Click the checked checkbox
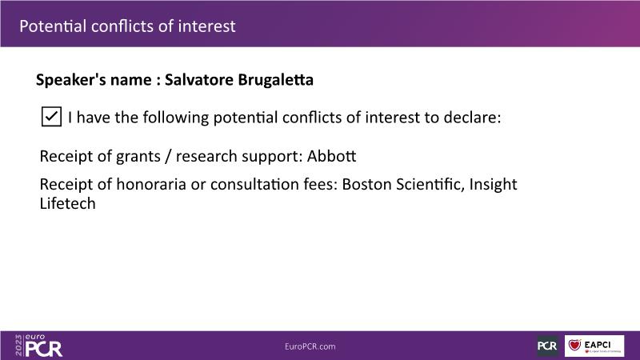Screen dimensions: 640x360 pyautogui.click(x=51, y=117)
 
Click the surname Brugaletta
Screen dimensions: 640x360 pyautogui.click(x=275, y=79)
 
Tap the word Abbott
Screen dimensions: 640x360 pyautogui.click(x=331, y=156)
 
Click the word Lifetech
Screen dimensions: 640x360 pyautogui.click(x=67, y=203)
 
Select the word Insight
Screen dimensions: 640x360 pyautogui.click(x=493, y=185)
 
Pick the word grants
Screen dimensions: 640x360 pyautogui.click(x=138, y=157)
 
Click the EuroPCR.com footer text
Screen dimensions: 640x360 pyautogui.click(x=310, y=346)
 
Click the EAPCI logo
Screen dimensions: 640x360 pyautogui.click(x=594, y=346)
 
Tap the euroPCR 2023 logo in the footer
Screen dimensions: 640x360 pyautogui.click(x=38, y=346)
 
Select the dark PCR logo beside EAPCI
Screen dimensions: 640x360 pyautogui.click(x=547, y=346)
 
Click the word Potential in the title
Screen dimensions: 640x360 pyautogui.click(x=53, y=26)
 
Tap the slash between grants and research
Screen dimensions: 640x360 pyautogui.click(x=168, y=157)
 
